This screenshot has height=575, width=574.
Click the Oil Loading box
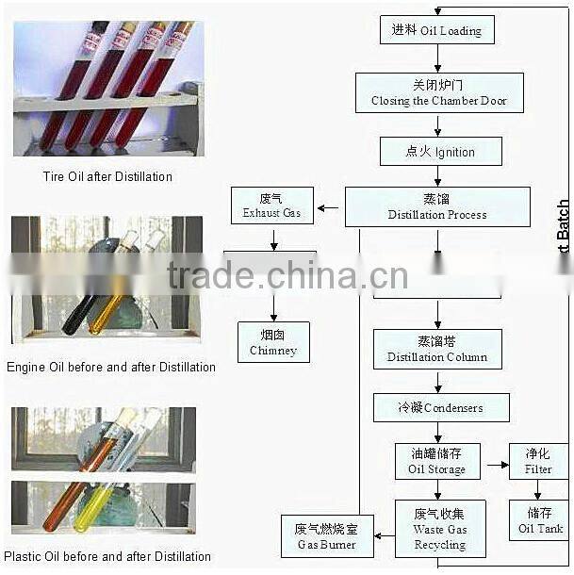(x=436, y=30)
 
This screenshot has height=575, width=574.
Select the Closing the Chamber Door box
(x=439, y=93)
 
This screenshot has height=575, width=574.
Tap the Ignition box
(x=440, y=151)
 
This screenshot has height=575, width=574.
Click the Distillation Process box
(x=437, y=206)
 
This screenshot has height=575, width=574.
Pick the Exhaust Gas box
(x=271, y=205)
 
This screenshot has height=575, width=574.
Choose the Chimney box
(x=273, y=341)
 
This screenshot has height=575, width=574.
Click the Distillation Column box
(x=437, y=349)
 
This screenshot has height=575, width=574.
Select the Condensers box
(x=440, y=407)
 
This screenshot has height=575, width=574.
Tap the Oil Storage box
(x=436, y=461)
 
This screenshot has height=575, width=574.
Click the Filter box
(x=538, y=461)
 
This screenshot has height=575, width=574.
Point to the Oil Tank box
(x=538, y=520)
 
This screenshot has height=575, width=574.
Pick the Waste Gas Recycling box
(x=439, y=528)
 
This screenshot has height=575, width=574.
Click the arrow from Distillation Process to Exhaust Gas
(x=329, y=207)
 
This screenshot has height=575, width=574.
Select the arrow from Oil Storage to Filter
(x=497, y=466)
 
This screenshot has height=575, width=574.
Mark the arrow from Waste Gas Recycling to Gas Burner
(x=384, y=535)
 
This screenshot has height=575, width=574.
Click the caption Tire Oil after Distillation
(x=107, y=176)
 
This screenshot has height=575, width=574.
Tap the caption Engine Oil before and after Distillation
(x=111, y=367)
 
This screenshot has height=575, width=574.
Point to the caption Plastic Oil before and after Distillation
(x=107, y=556)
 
